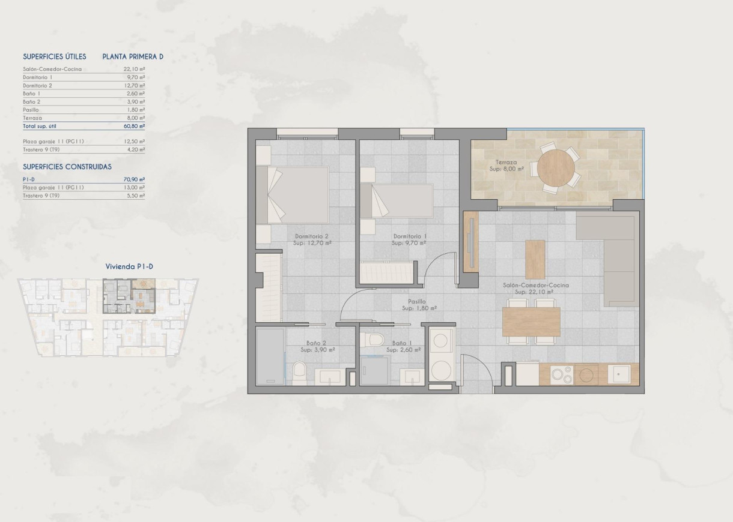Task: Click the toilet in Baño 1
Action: pyautogui.click(x=376, y=340)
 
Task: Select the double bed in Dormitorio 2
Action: pyautogui.click(x=293, y=194)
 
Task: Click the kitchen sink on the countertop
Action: pyautogui.click(x=618, y=374)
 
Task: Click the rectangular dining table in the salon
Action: pyautogui.click(x=531, y=322)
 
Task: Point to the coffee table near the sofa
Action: pyautogui.click(x=535, y=259)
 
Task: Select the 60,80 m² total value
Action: pyautogui.click(x=134, y=127)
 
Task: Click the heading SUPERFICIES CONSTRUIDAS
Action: pyautogui.click(x=67, y=167)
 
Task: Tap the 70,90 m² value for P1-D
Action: pyautogui.click(x=134, y=179)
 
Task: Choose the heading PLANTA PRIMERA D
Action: pyautogui.click(x=133, y=57)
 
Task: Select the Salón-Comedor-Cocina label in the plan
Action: pyautogui.click(x=536, y=286)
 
